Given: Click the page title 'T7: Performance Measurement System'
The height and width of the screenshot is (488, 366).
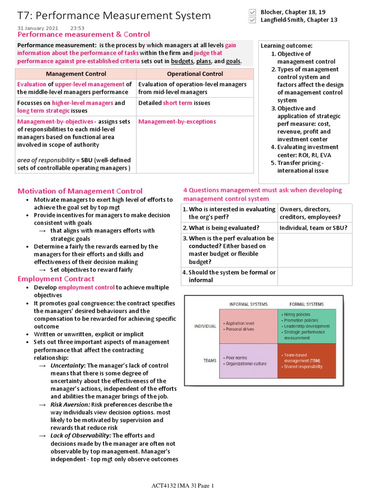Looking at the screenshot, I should coord(114,16).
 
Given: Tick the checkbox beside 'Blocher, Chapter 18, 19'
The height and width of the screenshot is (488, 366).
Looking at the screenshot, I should coord(253,12).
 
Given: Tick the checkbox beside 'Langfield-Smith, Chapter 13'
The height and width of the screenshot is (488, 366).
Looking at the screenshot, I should coord(253,20).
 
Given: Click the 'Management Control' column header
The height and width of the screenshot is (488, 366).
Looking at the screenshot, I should coord(76,74).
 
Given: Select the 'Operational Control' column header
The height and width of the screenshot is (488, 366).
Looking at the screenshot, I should coord(195,74).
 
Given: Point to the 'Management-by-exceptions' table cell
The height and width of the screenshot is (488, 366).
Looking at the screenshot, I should coord(177,122).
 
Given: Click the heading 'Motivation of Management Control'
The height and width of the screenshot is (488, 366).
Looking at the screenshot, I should coord(80,191).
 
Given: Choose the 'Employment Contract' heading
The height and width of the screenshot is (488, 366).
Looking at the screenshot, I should coord(56,279).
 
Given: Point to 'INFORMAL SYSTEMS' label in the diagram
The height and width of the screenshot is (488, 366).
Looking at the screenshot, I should coord(248,304).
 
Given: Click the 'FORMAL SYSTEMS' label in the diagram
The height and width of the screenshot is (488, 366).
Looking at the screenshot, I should coord(306,304).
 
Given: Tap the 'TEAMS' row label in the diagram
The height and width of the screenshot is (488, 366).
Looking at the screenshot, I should coord(210,361).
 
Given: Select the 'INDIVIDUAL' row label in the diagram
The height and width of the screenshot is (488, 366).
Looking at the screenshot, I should coord(205,326).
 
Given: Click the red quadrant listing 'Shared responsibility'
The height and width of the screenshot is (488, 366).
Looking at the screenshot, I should coord(307,361).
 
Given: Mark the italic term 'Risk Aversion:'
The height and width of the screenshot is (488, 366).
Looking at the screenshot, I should coord(70,405).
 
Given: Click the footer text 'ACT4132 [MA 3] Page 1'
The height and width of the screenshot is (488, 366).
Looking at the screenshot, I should coord(183,485).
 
